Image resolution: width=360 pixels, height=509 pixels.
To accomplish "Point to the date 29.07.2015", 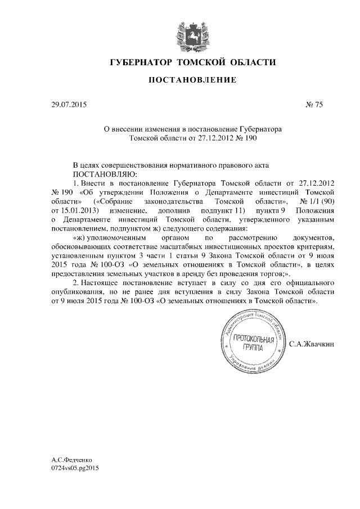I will click(66, 104).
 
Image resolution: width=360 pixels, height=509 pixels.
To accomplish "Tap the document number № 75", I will click(314, 104).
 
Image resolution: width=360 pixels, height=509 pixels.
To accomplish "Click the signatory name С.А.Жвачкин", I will click(312, 343).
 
